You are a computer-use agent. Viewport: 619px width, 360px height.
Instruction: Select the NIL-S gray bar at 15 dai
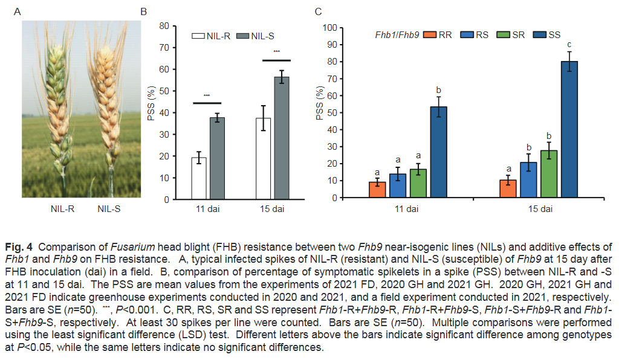click(282, 139)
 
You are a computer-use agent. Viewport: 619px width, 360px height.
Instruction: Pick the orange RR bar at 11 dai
click(377, 190)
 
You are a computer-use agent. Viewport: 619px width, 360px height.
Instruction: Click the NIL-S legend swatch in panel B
click(242, 36)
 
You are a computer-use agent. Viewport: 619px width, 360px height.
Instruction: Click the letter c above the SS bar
click(569, 44)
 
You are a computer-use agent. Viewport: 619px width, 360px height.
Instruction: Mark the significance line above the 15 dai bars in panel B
click(276, 60)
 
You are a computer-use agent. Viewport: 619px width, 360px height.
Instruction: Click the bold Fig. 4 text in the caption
click(18, 246)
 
